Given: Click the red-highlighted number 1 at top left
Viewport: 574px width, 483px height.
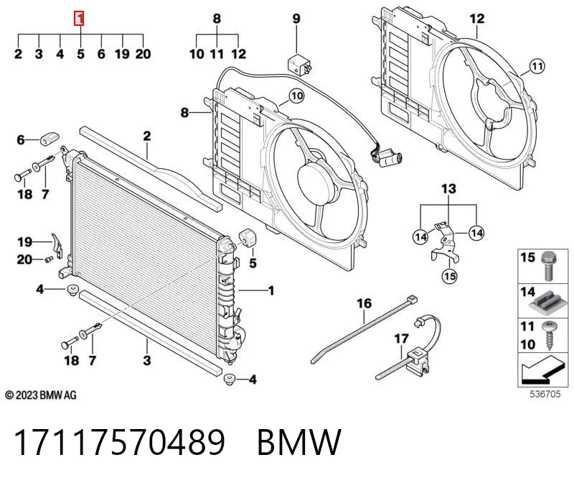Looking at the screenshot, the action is point(79,19).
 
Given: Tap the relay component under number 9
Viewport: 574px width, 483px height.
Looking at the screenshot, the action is point(299,65).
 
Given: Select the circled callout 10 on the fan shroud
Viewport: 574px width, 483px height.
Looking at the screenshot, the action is point(296,96).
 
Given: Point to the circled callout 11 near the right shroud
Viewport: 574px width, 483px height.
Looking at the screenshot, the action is point(537,66).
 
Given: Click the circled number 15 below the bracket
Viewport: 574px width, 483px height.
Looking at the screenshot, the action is point(450,276).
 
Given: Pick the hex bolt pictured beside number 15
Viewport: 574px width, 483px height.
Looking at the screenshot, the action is point(549,265).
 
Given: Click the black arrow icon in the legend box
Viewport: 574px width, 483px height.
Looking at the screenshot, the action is point(542,370).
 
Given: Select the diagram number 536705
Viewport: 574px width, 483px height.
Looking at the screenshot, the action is point(545,394).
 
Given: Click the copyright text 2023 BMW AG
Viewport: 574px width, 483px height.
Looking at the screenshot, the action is point(41,395).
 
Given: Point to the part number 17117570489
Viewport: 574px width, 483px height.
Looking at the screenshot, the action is point(119,442).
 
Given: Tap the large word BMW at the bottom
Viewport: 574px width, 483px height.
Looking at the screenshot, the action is point(299,442).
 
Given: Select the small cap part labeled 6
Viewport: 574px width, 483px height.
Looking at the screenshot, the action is point(49,139).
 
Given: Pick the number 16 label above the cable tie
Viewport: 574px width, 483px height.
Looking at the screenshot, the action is point(364,303).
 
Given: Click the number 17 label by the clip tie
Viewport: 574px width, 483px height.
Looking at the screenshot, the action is point(401,338).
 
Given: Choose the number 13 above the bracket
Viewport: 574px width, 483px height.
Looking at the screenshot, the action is point(449,189).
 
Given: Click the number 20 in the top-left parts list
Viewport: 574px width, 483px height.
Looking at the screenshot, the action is point(143,54).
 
